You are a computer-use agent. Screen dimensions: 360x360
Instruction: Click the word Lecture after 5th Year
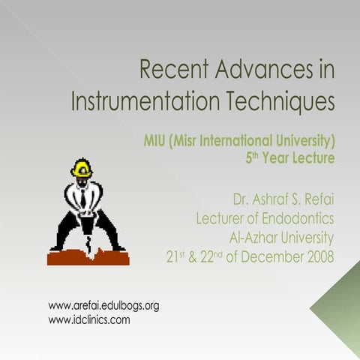point(313,157)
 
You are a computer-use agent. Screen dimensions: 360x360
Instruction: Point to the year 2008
point(318,257)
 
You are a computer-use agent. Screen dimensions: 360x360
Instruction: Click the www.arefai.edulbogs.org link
point(103,306)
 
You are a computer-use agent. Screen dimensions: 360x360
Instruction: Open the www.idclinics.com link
point(88,319)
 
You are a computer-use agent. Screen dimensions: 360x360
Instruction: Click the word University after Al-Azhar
point(307,238)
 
